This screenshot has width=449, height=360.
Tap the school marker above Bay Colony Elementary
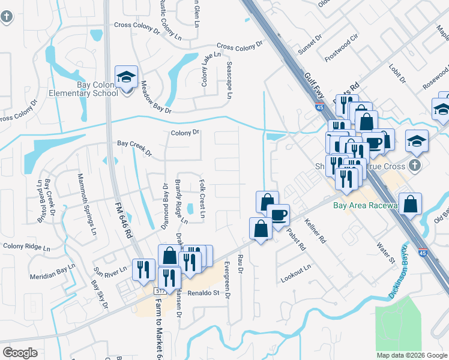(127, 77)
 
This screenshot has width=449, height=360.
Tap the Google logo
(20, 353)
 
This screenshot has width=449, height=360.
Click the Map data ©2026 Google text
(412, 355)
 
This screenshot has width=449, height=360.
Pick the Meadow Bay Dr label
(156, 99)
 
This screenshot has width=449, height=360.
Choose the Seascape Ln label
(229, 79)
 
